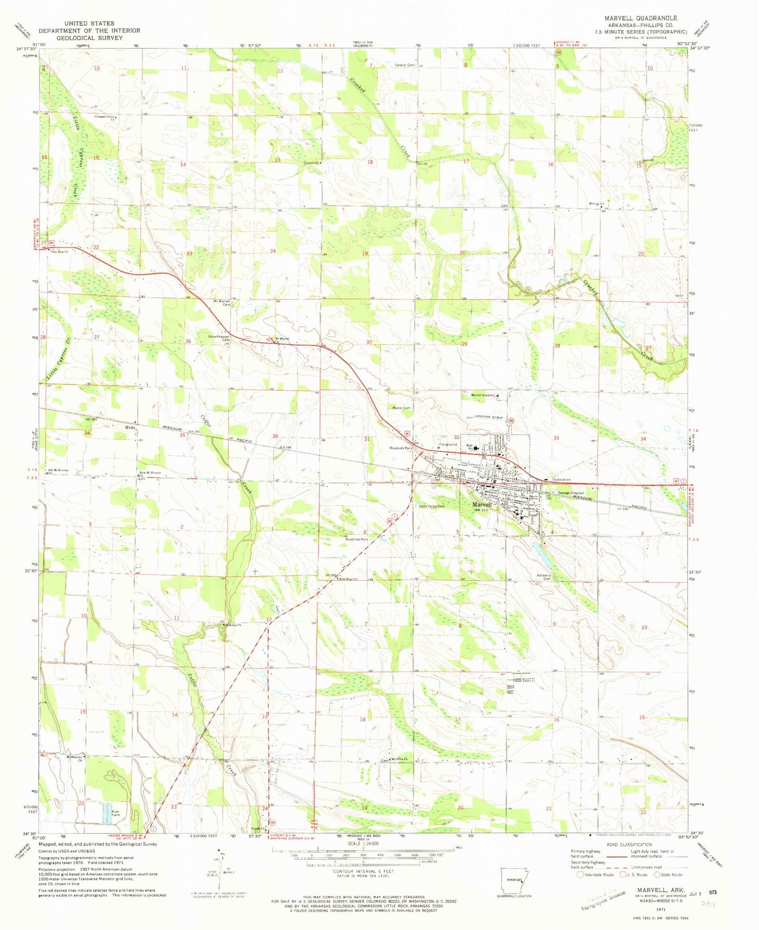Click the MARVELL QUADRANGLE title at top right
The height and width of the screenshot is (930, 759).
(640, 18)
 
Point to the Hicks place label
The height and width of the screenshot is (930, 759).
(130, 427)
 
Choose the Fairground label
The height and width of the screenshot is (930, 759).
(448, 444)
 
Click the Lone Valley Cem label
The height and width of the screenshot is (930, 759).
(432, 506)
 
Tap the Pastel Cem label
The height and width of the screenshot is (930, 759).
(401, 407)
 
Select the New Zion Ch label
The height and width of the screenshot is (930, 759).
(59, 251)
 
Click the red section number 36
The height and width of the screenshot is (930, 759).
(275, 436)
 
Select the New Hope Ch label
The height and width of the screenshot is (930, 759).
(348, 579)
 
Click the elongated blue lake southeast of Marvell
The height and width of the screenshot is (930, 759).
(542, 551)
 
